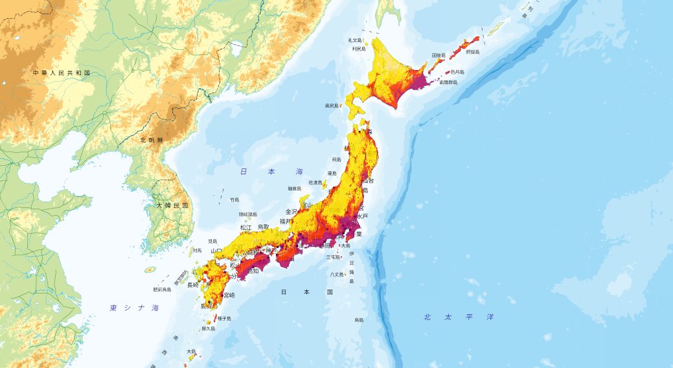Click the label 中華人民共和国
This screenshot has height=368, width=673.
coord(62,73)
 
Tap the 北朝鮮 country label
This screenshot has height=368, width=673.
coord(152,139)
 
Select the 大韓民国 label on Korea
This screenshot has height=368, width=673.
coord(172,205)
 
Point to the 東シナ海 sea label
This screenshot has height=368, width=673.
coord(133,308)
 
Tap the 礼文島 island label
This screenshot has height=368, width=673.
coord(356,40)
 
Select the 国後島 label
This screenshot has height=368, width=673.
coord(439,56)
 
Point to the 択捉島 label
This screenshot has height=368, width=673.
coord(472,51)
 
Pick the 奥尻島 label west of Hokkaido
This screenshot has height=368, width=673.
coord(332,105)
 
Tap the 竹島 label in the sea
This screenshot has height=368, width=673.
coord(234,200)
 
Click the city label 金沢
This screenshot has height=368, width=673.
coord(291,212)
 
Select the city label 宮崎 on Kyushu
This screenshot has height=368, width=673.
coord(229,295)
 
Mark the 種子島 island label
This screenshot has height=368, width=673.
coord(225,318)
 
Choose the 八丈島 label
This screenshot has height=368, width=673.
coord(337,275)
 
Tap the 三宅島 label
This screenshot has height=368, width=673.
coord(333,257)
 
